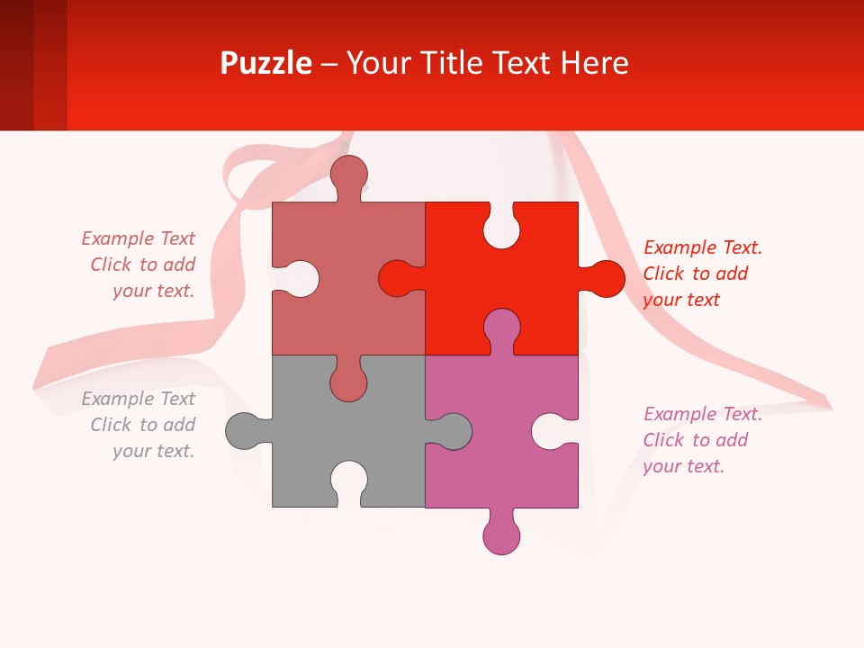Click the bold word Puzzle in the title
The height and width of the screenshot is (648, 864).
[x=265, y=64]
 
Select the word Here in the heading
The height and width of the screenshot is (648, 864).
[x=594, y=64]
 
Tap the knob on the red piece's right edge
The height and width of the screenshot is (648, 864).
[x=605, y=278]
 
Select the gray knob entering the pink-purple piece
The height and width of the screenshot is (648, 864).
[x=453, y=430]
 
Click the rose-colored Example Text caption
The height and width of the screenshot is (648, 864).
[x=139, y=265]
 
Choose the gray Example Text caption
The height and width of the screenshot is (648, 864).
[x=139, y=425]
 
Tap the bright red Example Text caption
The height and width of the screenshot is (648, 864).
[x=702, y=274]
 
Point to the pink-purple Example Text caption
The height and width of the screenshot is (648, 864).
[x=702, y=440]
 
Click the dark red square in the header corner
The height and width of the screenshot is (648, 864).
[x=16, y=65]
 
